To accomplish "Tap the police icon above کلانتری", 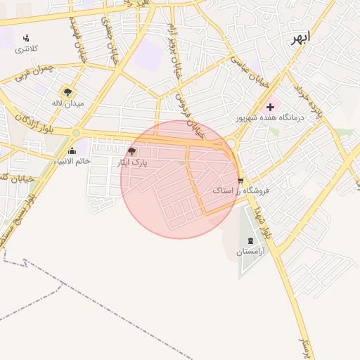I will [27, 38].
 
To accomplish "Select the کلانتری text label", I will [27, 49].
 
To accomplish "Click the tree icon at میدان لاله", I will [67, 92].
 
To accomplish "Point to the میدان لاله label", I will [67, 103].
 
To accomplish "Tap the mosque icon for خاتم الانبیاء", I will [72, 150].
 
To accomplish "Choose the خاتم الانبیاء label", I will [72, 162].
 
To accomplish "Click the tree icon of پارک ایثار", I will [131, 151].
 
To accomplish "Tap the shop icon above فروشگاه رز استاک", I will [242, 180].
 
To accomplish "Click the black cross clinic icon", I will [270, 106].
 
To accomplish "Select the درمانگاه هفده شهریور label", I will [270, 117].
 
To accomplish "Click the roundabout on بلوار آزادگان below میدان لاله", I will [76, 132].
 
